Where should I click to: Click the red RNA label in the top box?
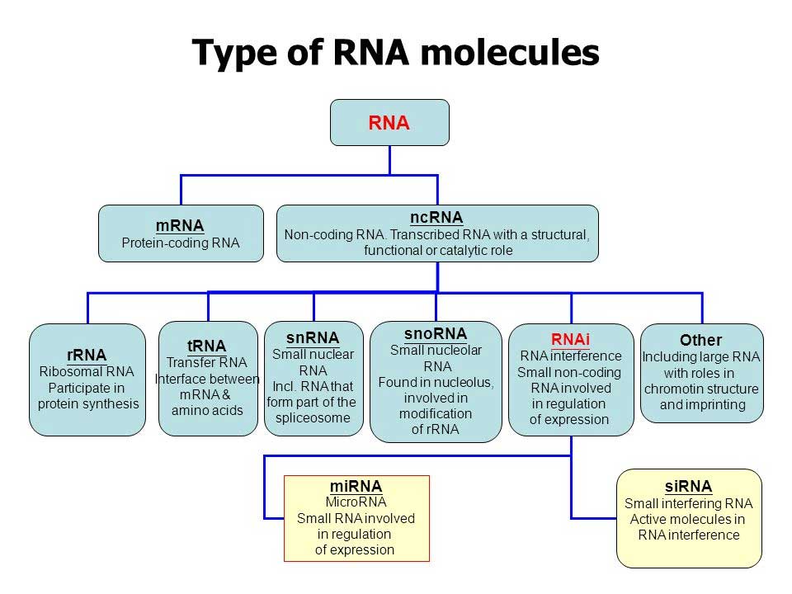point(389,123)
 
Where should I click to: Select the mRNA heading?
point(180,225)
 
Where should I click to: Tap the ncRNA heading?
point(436,217)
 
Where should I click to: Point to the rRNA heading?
point(87,355)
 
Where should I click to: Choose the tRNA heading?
point(206,346)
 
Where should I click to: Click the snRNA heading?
point(313,337)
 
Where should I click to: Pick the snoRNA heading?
point(436,333)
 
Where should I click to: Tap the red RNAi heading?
point(571,339)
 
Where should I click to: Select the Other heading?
point(700,340)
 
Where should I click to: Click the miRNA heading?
point(356,487)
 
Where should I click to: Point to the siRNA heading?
point(688,486)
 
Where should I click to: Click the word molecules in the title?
point(509,53)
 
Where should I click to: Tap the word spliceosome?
point(313,418)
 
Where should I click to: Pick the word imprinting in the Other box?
point(702,404)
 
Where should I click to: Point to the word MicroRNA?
point(356,502)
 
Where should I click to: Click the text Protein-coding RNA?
point(181,243)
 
